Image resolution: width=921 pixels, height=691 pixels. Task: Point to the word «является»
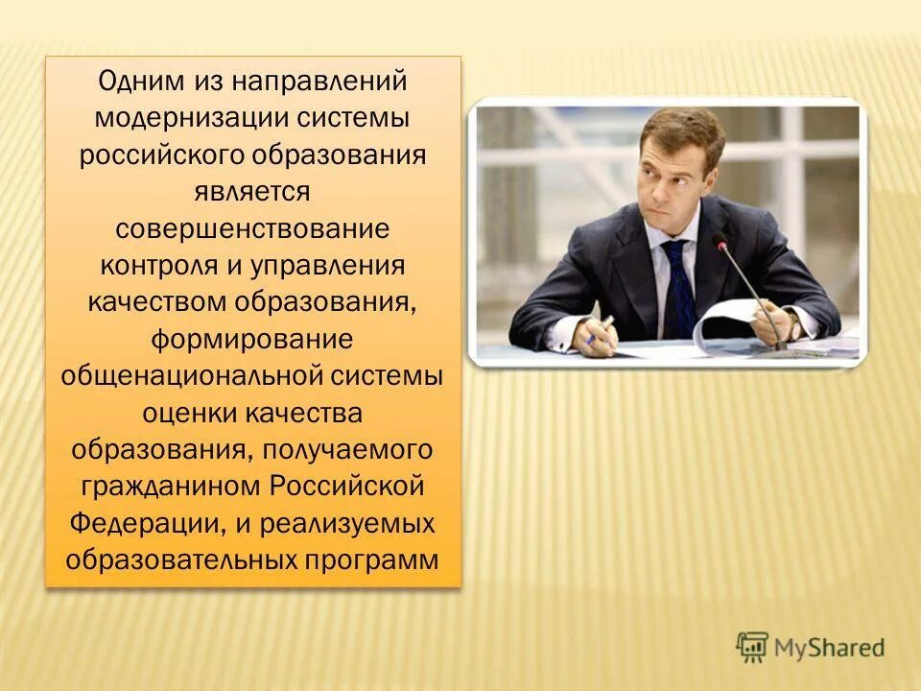253,193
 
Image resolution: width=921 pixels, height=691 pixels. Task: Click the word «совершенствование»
253,230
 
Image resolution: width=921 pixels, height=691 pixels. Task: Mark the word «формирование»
253,340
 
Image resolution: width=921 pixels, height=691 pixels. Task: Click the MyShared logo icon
753,647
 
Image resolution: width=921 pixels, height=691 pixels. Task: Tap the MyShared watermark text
830,648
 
